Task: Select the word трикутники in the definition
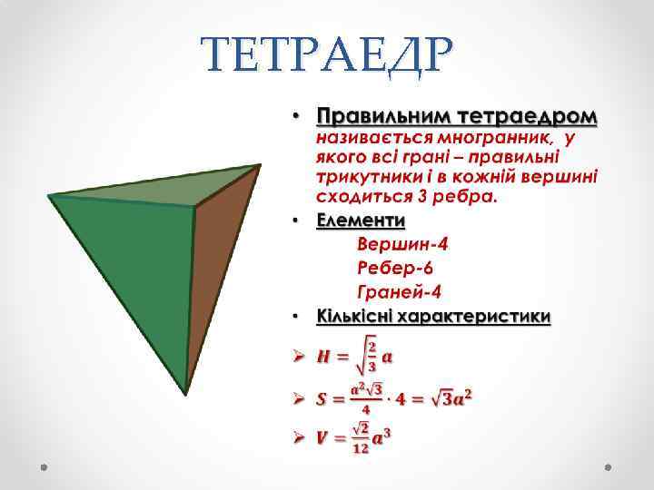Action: point(363,178)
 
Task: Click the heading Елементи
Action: point(361,221)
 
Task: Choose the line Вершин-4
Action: point(402,245)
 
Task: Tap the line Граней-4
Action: point(399,292)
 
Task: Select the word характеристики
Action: point(478,317)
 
